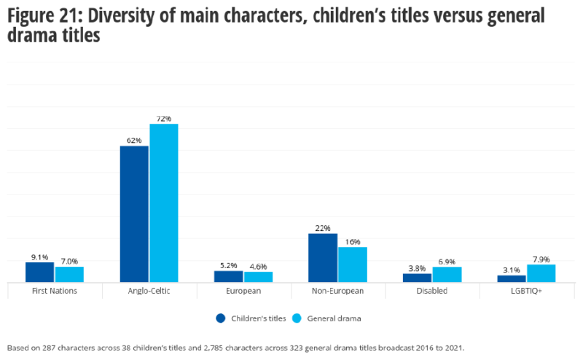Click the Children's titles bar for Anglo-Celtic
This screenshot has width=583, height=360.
(x=134, y=214)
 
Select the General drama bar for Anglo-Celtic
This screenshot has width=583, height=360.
(x=164, y=203)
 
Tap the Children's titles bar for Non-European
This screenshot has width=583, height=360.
(x=323, y=257)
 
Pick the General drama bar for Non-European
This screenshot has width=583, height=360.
(x=353, y=264)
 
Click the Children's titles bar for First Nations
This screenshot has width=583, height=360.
(x=40, y=272)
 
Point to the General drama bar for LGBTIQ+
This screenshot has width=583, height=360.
(x=541, y=273)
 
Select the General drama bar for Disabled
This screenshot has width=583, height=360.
(x=447, y=274)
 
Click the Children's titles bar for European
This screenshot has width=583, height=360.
(x=229, y=276)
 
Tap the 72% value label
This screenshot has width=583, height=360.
(x=164, y=119)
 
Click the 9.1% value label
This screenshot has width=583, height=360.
(x=40, y=257)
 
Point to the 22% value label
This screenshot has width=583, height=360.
(x=323, y=228)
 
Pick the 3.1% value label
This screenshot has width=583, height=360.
(x=512, y=270)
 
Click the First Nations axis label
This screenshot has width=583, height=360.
(x=55, y=291)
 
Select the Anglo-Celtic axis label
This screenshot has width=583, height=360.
(x=149, y=291)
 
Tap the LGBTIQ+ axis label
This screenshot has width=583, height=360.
(x=527, y=291)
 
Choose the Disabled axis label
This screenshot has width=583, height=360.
(x=432, y=291)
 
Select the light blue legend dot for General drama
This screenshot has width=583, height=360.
(x=297, y=318)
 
